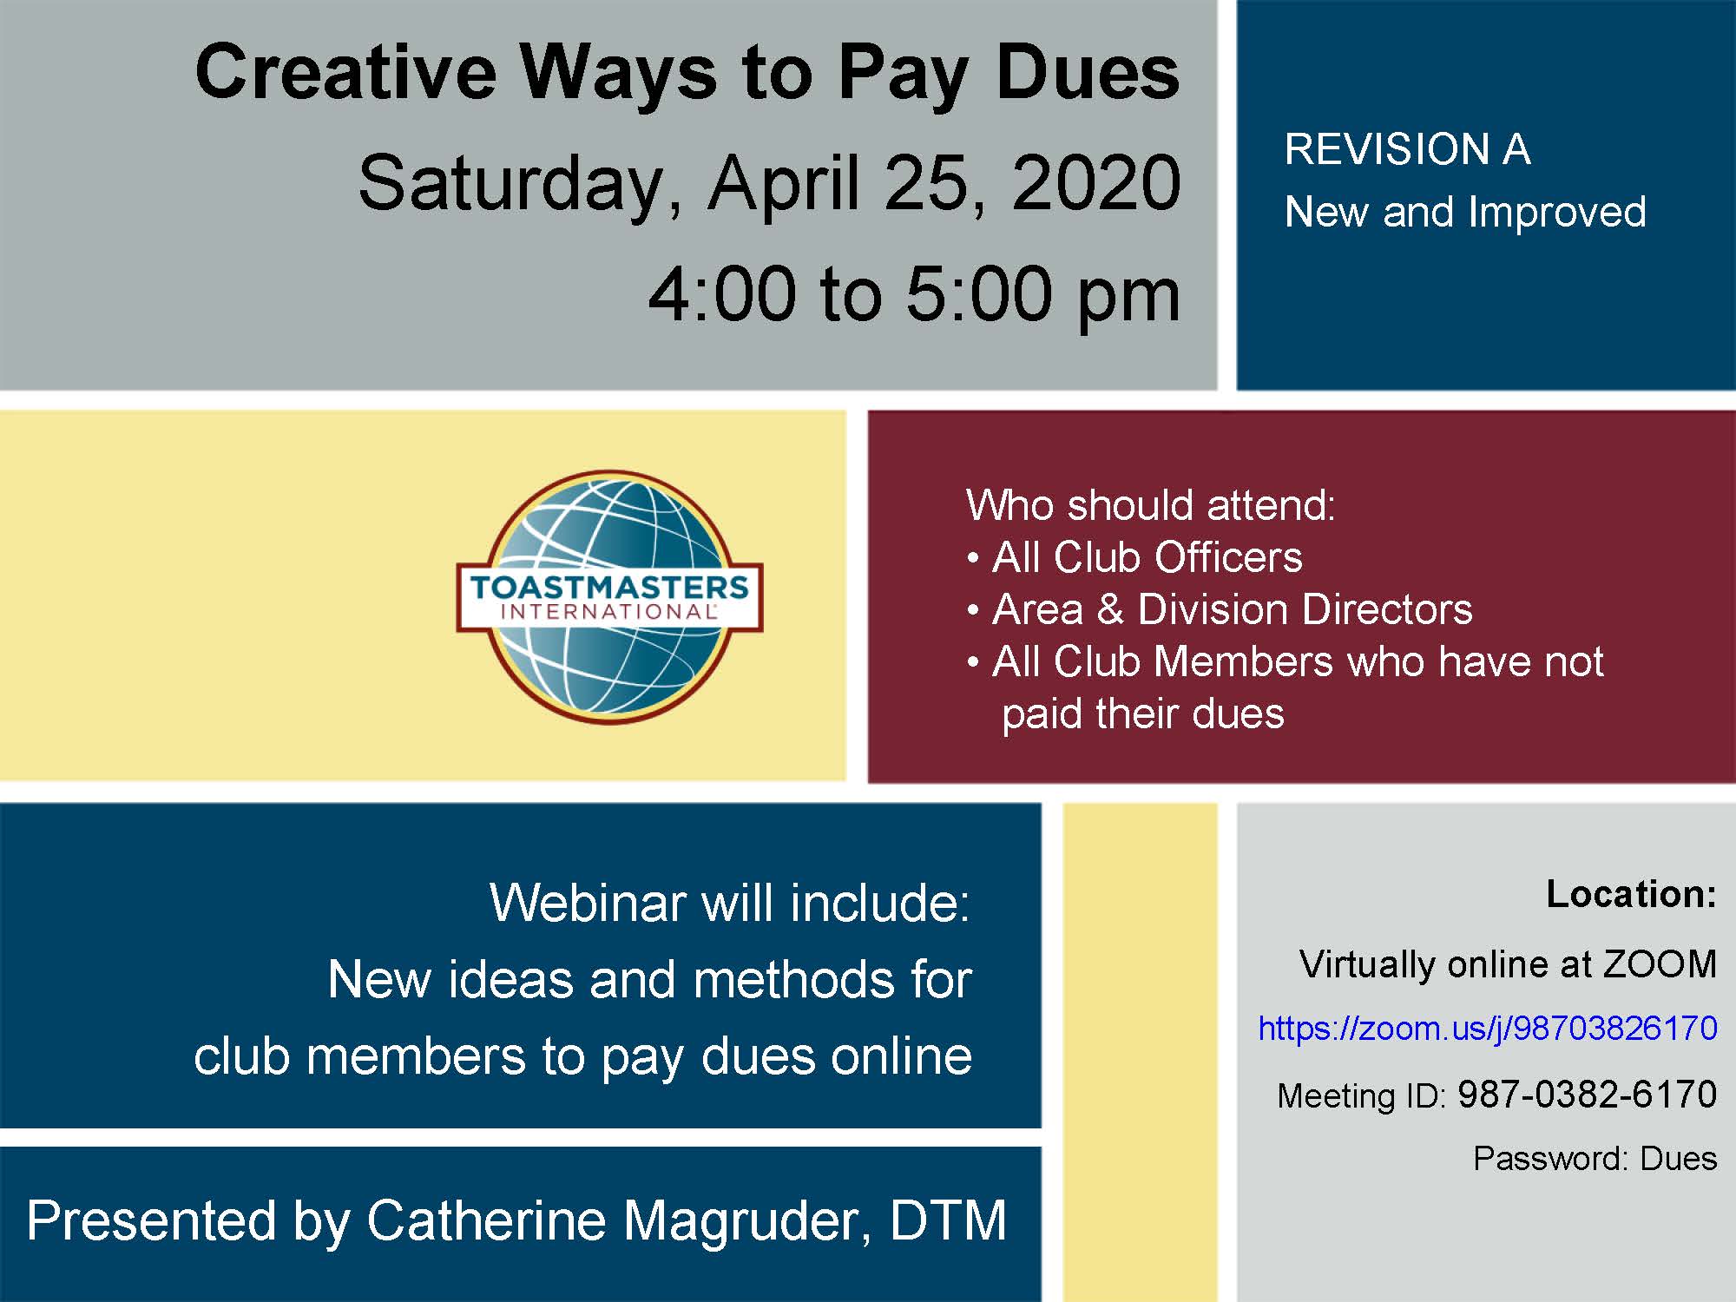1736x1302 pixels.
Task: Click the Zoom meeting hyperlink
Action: coord(1487,1029)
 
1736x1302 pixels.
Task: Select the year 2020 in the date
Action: coord(1095,183)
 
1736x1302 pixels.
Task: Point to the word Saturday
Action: coord(512,185)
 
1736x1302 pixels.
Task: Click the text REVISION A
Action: coord(1407,149)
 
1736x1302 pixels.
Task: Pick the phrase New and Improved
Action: coord(1465,212)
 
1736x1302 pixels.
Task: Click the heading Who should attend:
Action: coord(1150,505)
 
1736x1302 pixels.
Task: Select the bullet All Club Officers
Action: coord(1146,557)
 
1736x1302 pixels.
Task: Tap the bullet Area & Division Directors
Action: coord(1231,609)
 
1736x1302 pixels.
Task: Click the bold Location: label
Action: coord(1631,894)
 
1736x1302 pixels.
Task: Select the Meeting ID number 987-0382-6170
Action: coord(1587,1095)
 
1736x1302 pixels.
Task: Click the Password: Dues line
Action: coord(1595,1159)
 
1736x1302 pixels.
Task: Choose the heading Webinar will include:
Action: coord(729,903)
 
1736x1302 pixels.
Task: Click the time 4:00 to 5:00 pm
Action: coord(913,295)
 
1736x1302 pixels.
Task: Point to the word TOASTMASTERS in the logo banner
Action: coord(609,588)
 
